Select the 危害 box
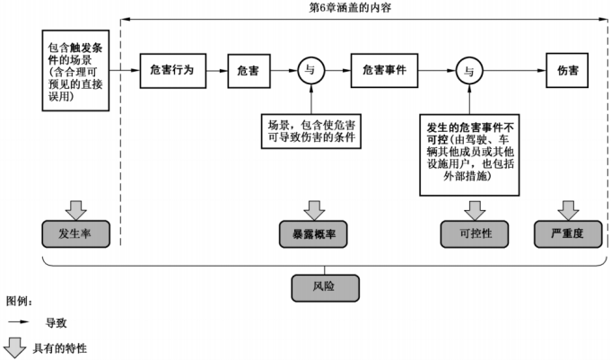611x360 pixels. (249, 69)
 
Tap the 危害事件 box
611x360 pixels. (385, 69)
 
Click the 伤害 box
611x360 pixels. (567, 69)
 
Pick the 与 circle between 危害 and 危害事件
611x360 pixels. (310, 69)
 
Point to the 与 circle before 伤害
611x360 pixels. (467, 69)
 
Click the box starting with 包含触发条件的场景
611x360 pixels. (76, 69)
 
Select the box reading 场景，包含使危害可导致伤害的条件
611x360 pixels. (310, 131)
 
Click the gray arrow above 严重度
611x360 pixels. (567, 208)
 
